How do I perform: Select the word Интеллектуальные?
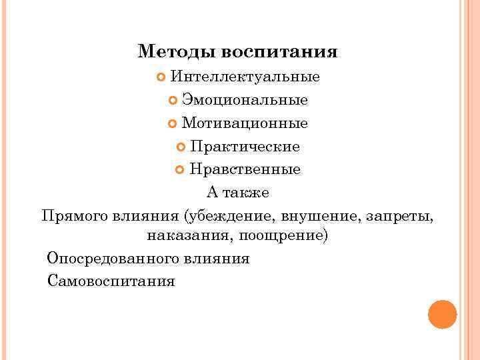245,77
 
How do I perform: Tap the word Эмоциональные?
245,100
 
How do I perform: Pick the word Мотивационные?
245,123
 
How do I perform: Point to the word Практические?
245,146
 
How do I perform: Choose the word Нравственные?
245,169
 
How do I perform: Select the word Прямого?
71,216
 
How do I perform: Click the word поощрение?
291,237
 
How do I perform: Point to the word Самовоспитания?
111,281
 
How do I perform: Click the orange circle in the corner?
442,314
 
